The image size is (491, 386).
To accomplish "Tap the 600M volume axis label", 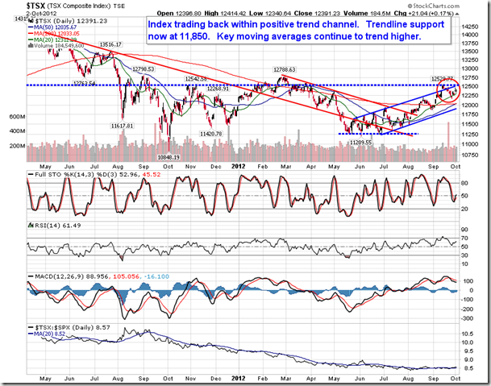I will pyautogui.click(x=16, y=117).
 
